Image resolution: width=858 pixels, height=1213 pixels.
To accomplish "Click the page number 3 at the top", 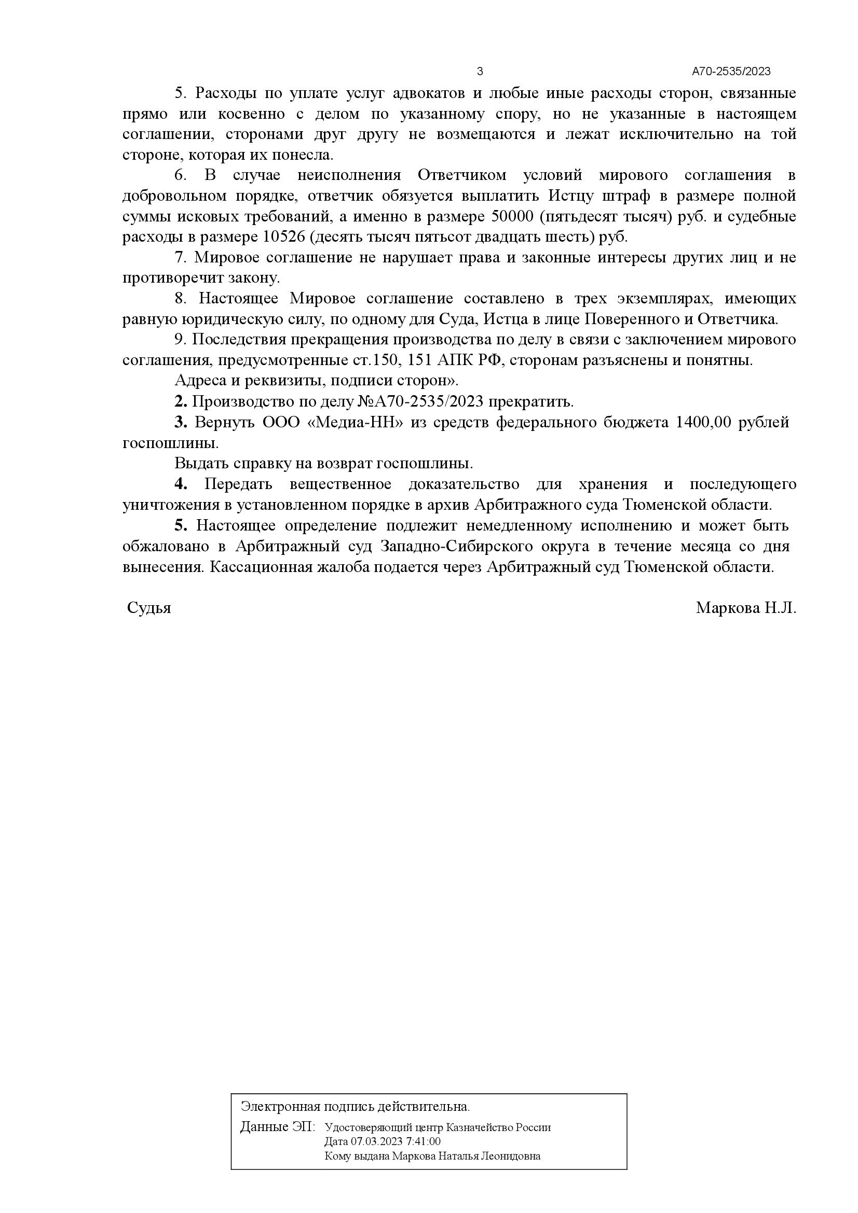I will pyautogui.click(x=480, y=72).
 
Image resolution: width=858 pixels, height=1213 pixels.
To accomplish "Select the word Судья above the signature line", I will pyautogui.click(x=149, y=608).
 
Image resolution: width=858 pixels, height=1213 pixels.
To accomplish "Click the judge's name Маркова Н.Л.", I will pyautogui.click(x=746, y=608).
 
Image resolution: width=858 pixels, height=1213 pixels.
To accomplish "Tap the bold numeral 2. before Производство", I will pyautogui.click(x=181, y=402).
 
